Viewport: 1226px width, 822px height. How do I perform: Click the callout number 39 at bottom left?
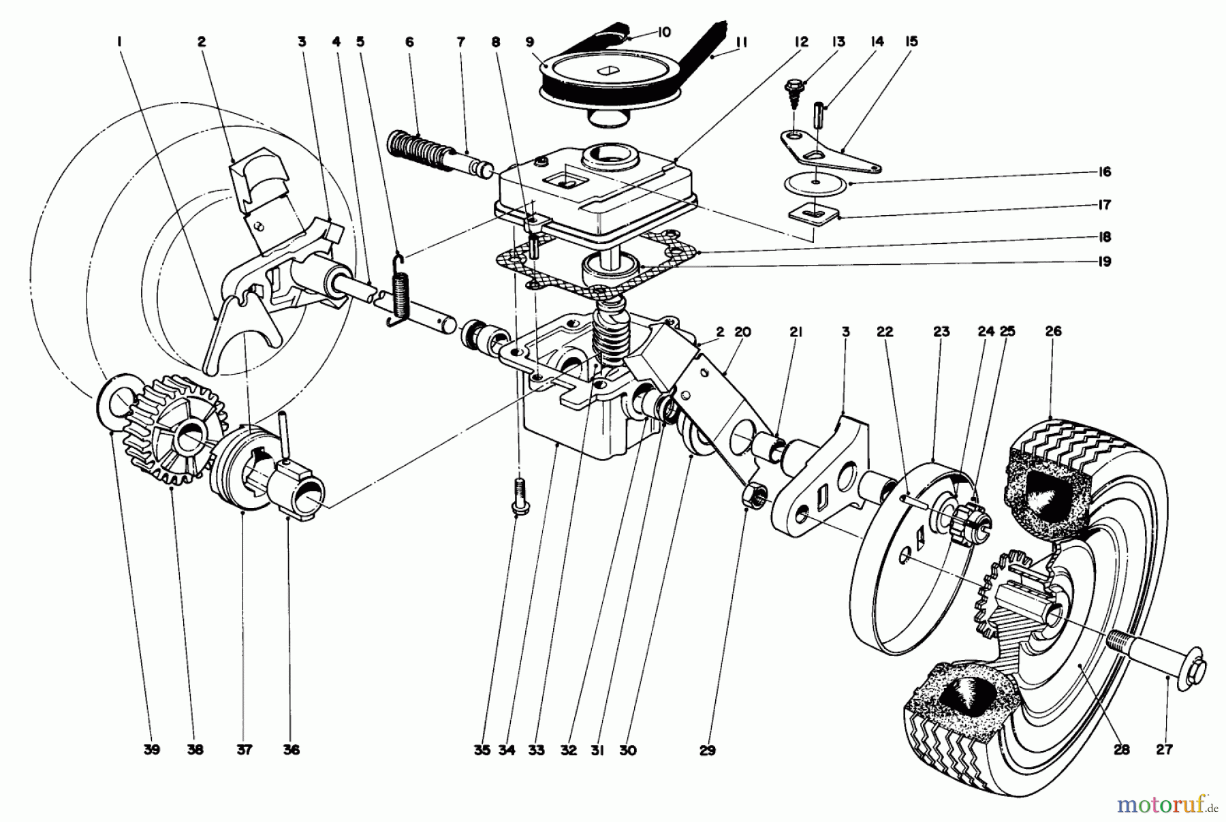point(151,750)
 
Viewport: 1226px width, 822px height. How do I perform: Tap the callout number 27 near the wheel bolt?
point(1164,750)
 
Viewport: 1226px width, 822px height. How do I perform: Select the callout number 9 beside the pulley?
point(530,42)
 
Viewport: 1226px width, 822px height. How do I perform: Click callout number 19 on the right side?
point(1105,262)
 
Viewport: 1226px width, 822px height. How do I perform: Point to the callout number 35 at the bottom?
point(482,750)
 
